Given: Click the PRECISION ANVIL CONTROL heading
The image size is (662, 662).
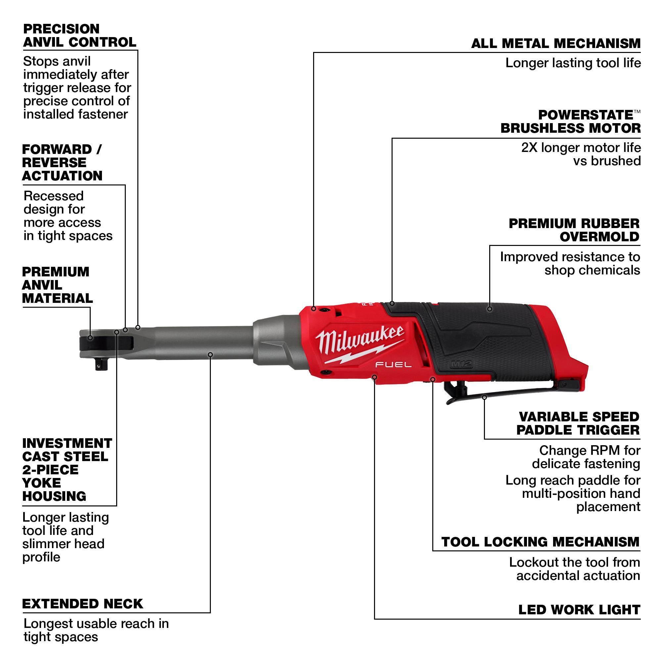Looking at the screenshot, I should [x=79, y=36].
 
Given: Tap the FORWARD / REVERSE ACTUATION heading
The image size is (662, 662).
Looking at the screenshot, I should [x=62, y=163].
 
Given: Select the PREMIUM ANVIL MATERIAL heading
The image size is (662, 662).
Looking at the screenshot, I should [x=57, y=285].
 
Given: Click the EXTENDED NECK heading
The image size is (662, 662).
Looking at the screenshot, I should [x=82, y=604].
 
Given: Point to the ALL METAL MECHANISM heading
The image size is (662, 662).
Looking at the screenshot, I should [x=555, y=43].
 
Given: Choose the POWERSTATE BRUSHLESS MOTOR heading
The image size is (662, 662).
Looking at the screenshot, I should [x=571, y=121].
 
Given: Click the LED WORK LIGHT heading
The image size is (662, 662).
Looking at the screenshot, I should [x=579, y=610].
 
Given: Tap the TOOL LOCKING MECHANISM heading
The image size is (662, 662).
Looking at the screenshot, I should [x=541, y=542].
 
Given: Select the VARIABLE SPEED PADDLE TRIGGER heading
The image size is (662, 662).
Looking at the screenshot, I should [x=578, y=424].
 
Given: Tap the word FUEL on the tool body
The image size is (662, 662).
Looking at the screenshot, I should [x=393, y=364].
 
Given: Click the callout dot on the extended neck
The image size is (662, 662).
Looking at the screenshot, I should [x=211, y=355].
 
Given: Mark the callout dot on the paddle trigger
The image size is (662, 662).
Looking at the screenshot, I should [x=484, y=398].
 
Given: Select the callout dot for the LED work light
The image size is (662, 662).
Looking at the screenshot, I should [x=374, y=377].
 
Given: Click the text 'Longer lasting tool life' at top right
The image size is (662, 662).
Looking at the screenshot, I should [x=573, y=63].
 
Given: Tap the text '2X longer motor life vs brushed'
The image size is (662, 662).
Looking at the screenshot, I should [x=581, y=154].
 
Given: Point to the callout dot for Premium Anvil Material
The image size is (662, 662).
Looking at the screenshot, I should [x=90, y=338].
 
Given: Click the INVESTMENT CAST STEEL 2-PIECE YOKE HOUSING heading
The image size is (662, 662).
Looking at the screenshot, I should [x=67, y=470].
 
